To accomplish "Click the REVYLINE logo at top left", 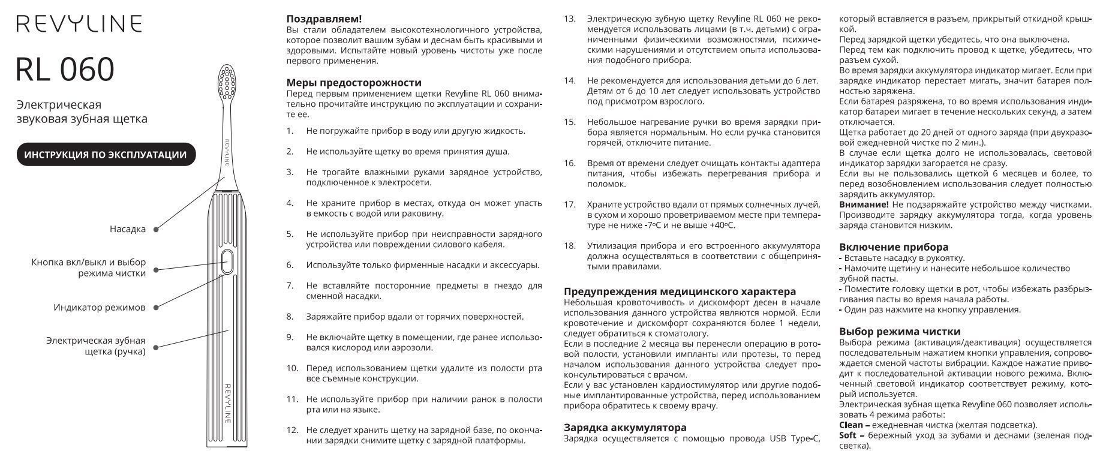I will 79,23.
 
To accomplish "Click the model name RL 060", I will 65,70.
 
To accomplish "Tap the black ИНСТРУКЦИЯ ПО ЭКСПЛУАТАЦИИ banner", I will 106,155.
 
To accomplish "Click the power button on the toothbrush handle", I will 227,261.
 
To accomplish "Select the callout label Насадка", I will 128,229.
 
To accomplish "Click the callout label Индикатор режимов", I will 100,308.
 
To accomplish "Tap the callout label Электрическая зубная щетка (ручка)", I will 96,346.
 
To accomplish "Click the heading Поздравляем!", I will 324,19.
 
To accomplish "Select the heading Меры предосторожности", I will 354,83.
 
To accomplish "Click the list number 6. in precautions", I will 290,265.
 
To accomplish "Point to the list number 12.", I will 292,430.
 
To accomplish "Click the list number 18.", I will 570,246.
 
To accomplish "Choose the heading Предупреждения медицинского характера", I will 680,291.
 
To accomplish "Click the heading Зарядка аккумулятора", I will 625,428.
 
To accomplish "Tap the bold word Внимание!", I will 864,205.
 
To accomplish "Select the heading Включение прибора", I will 894,247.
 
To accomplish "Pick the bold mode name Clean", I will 851,425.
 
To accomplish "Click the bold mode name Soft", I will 847,435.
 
